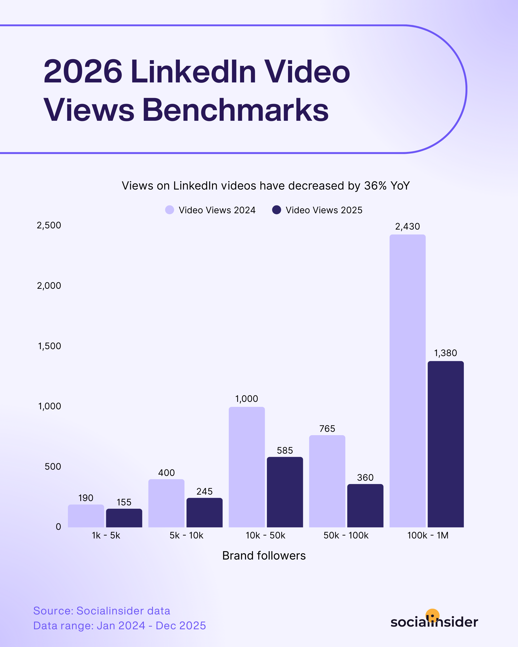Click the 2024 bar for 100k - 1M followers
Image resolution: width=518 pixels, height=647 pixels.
click(407, 381)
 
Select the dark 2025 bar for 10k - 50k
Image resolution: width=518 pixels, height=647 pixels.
click(285, 492)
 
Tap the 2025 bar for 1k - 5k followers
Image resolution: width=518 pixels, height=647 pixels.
click(124, 518)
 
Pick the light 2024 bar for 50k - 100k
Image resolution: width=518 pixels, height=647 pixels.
click(327, 481)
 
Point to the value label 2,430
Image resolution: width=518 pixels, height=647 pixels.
click(407, 227)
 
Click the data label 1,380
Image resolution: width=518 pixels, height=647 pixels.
click(446, 353)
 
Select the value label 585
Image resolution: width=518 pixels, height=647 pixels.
click(285, 451)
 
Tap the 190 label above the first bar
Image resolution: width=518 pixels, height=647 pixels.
click(86, 498)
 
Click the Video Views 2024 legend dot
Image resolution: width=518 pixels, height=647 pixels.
click(170, 210)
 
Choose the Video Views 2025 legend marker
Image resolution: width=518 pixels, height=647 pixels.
click(277, 210)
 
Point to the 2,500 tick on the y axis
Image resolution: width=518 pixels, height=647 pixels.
click(49, 225)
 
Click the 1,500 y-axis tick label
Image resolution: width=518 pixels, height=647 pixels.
click(50, 346)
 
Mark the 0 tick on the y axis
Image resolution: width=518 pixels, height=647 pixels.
click(58, 527)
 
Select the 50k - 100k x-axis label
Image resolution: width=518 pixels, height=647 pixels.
click(346, 535)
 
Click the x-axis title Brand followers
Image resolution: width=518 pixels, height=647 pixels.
click(264, 556)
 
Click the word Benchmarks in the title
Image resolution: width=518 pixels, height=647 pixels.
click(236, 110)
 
